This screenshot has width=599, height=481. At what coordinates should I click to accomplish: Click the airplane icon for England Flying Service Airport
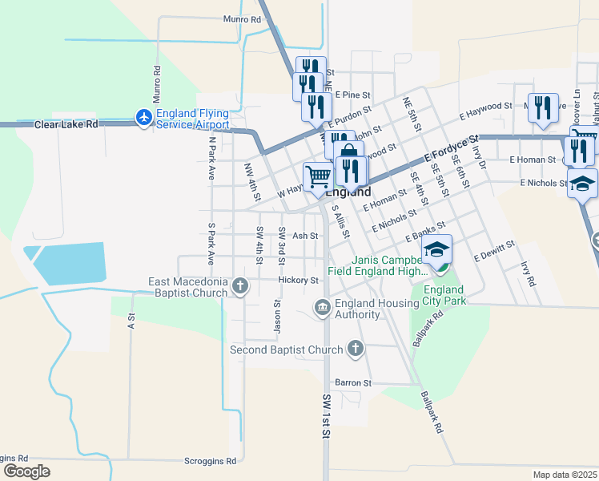tap(144, 118)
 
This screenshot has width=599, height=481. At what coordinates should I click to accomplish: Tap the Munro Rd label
tap(243, 18)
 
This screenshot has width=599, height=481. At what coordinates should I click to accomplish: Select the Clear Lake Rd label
tap(66, 124)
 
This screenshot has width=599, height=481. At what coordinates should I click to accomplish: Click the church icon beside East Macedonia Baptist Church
tap(239, 285)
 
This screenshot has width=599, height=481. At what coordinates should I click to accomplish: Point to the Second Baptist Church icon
tap(356, 349)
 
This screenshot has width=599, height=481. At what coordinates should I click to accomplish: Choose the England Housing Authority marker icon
tap(322, 308)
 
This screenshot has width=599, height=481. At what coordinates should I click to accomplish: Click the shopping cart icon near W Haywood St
tap(318, 175)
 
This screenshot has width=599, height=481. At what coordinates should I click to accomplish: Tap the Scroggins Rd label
tap(210, 461)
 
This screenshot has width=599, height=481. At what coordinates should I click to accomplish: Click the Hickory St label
tap(299, 280)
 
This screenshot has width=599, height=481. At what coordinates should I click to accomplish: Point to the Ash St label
tap(305, 236)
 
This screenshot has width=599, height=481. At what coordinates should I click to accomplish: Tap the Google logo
tap(26, 471)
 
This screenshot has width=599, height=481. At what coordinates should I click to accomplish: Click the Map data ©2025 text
tap(565, 475)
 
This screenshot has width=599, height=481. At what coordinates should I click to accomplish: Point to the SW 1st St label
tap(327, 417)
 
